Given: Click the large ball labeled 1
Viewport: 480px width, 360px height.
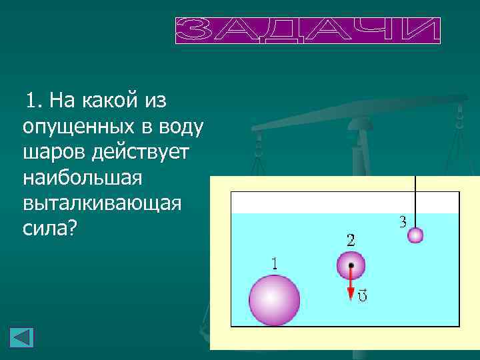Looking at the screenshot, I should pos(274,300).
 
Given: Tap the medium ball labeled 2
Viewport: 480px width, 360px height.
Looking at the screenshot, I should pos(351,265).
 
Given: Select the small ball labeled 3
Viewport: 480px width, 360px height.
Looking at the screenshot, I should pos(415,235).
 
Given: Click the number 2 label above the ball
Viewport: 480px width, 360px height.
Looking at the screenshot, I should pos(351,239).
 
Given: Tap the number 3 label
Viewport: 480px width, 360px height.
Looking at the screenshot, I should pos(403,223).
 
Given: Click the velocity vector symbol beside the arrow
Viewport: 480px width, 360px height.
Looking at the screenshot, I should pos(362,293).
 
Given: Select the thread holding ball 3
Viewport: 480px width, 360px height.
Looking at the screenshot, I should pos(415,200).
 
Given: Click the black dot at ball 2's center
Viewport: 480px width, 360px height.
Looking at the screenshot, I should pos(351,265).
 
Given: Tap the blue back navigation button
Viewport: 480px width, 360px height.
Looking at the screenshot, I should pos(21,337).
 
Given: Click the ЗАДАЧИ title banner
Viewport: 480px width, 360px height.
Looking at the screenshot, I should pos(308,31).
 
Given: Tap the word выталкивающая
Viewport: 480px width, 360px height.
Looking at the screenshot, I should pos(101,203).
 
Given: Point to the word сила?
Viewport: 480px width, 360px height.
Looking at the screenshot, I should pos(50,229).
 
